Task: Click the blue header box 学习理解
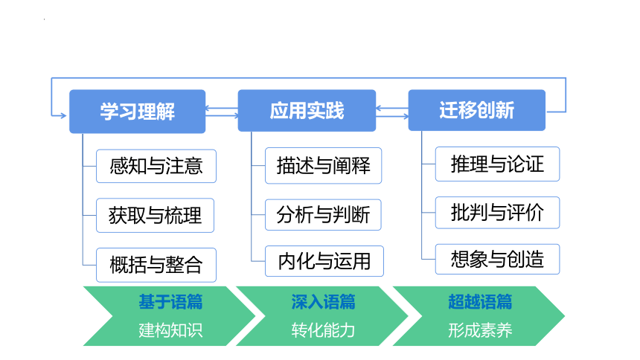137,112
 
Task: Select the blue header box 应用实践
307,111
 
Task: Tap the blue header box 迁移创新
477,110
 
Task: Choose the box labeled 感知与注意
156,166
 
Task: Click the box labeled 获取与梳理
155,216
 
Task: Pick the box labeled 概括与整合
156,265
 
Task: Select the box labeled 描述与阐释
323,166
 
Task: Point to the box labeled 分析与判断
323,215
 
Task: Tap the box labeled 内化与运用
324,261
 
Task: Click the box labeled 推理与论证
497,164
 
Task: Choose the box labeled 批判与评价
497,213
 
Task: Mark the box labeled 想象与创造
497,259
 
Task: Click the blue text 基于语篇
170,302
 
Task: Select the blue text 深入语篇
323,302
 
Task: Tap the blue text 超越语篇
480,302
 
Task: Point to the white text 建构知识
170,330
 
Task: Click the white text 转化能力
323,330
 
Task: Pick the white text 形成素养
480,330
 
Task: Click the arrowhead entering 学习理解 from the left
64,116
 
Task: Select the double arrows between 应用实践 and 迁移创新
392,112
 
